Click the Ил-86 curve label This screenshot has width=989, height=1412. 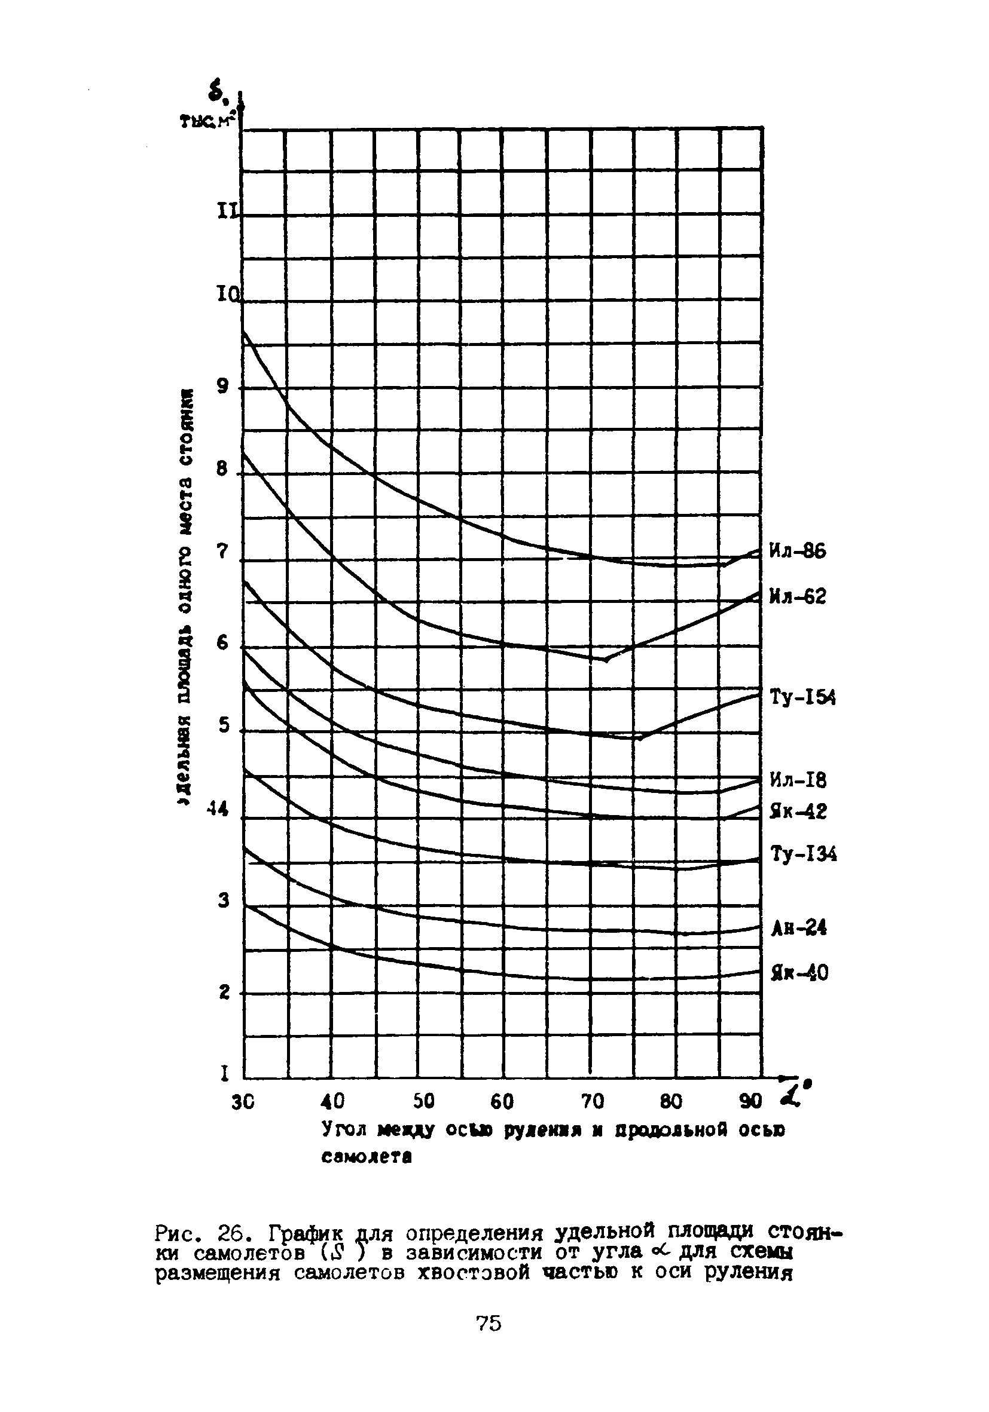[798, 552]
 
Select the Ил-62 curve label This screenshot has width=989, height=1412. [798, 596]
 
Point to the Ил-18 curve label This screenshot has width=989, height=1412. [798, 780]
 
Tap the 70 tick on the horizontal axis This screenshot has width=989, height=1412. [593, 1101]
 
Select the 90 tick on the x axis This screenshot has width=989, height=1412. [751, 1101]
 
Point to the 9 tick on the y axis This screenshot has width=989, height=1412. [222, 387]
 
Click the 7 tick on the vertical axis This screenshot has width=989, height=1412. [222, 552]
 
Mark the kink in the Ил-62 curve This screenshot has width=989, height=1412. [606, 660]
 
